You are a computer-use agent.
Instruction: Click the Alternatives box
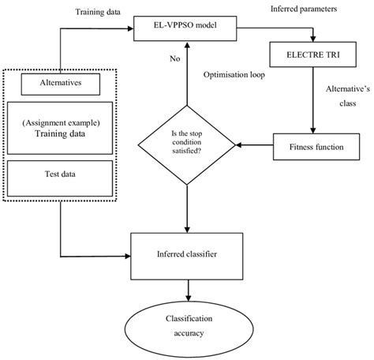[60, 81]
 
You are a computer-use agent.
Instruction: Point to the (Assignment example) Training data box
[60, 128]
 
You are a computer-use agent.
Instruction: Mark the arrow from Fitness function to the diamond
[254, 145]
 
